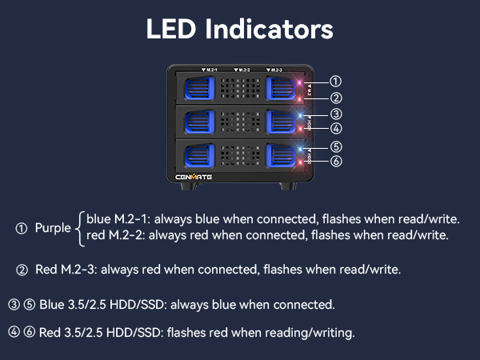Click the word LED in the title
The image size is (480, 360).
(171, 29)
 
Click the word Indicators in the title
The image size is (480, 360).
(270, 29)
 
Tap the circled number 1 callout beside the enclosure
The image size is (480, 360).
(335, 82)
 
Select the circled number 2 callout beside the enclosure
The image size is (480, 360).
(336, 98)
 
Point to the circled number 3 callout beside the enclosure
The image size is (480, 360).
(336, 114)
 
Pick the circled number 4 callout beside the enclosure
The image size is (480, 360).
(336, 128)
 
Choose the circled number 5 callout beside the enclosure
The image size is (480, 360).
(336, 147)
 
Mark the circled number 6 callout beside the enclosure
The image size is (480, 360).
(336, 161)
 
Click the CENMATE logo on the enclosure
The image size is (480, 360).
(194, 177)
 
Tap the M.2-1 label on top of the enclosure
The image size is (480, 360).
(210, 70)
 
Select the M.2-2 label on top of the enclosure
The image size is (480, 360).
(242, 70)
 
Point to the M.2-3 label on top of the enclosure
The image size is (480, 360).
(274, 70)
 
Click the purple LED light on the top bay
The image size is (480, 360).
(300, 82)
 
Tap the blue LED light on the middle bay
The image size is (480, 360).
(301, 116)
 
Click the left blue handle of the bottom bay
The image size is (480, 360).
(199, 155)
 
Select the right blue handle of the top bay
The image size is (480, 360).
(281, 89)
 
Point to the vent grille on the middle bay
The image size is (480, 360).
(240, 122)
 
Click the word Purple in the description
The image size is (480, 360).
(53, 228)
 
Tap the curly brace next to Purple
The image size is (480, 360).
(80, 229)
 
